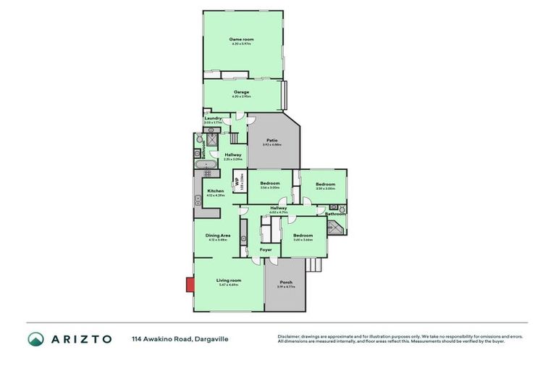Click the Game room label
pos(241,39)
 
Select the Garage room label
pos(241,92)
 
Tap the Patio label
pos(272,141)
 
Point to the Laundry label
pos(213,118)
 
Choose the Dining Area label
pos(217,235)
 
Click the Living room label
pos(229,280)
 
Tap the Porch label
pos(285,283)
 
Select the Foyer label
pos(266,249)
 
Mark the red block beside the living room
pos(190,284)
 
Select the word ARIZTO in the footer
pos(80,339)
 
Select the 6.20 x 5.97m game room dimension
pos(241,44)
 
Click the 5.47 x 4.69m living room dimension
pos(229,285)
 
